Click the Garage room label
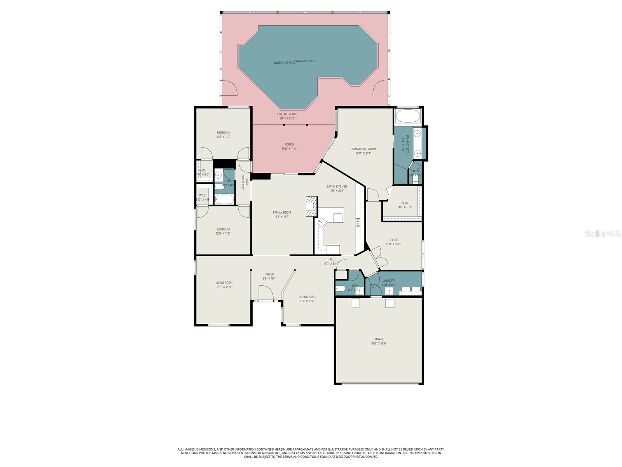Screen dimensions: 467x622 (x=379, y=339)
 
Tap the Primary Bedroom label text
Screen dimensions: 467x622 (x=363, y=149)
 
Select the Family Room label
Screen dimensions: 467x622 (x=281, y=212)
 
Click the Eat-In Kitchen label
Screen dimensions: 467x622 (x=337, y=186)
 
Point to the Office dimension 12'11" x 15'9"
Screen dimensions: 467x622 (x=393, y=244)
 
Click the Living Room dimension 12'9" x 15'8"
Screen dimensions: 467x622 (x=224, y=287)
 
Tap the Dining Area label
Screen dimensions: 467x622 (x=307, y=297)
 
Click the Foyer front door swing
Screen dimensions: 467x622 (x=266, y=293)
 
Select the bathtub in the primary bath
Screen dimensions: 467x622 (x=407, y=116)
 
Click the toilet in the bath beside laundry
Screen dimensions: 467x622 (x=340, y=289)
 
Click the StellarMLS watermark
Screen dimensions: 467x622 (x=602, y=234)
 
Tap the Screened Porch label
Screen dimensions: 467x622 (x=287, y=114)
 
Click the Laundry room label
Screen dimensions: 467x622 (x=389, y=281)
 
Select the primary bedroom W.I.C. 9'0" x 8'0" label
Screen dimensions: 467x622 (x=404, y=203)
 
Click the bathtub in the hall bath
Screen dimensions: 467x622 (x=224, y=200)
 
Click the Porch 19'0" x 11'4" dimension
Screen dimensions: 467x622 (x=289, y=149)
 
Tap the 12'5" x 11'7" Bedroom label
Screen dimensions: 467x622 (x=223, y=133)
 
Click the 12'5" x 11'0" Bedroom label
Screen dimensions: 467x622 (x=223, y=229)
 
